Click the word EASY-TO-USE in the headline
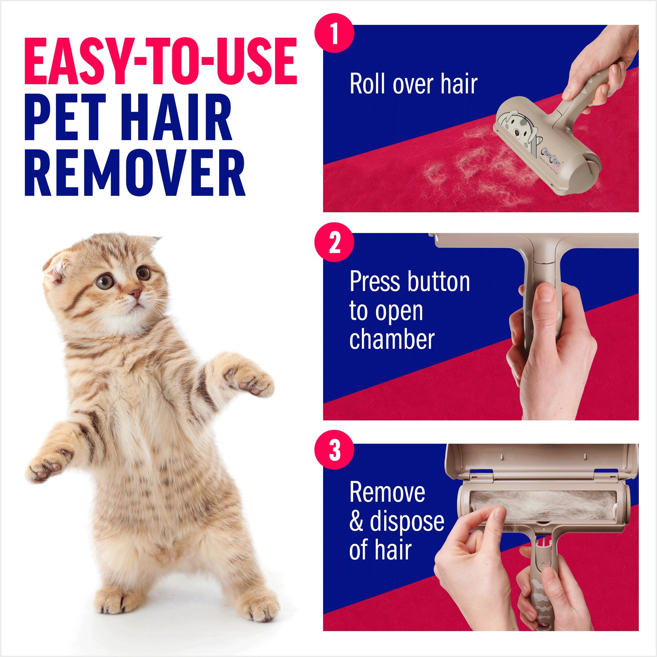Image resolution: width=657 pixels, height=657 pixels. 160,61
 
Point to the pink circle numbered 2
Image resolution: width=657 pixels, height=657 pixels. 334,242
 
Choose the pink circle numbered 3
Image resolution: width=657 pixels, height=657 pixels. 334,450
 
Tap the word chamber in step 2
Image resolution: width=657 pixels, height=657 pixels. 392,339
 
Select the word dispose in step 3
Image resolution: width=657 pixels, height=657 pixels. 407,521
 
